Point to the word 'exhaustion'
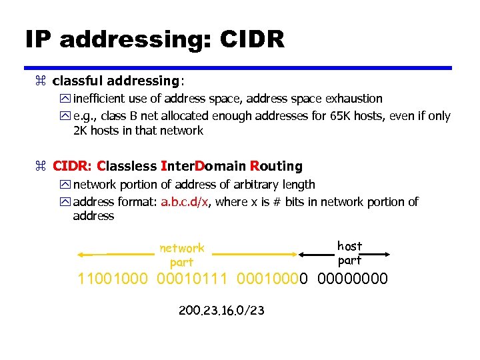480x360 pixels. click(353, 99)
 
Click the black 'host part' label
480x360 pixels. click(350, 253)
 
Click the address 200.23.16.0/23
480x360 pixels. click(222, 310)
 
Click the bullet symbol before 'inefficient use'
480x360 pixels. click(65, 99)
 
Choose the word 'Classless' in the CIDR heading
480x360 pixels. click(127, 165)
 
